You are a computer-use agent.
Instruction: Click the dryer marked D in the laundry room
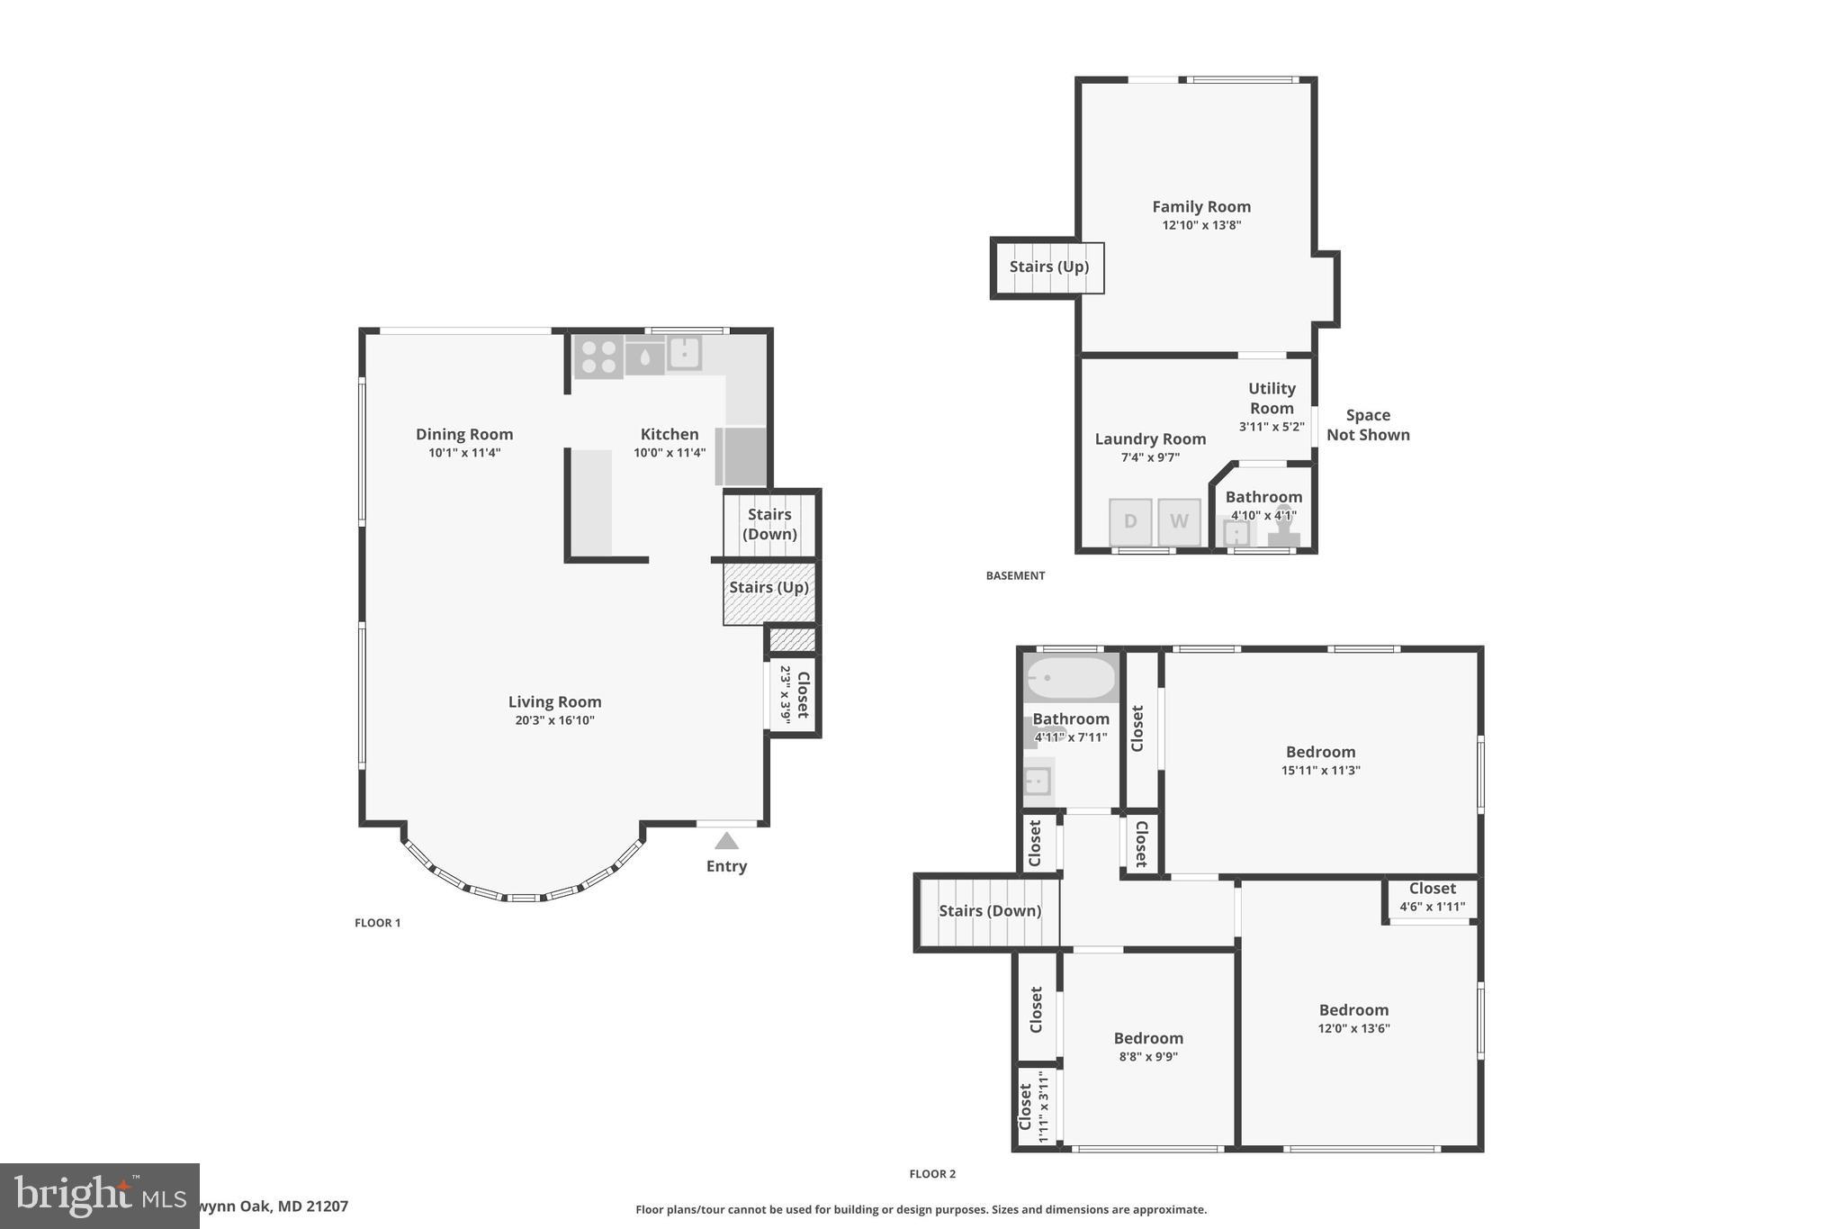[1130, 521]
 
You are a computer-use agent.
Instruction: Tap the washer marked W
[1179, 521]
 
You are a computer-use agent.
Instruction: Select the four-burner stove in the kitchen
[598, 357]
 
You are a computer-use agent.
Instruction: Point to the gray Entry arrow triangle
[726, 841]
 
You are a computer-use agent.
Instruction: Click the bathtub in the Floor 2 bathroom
[1071, 678]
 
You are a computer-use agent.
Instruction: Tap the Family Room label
[1201, 207]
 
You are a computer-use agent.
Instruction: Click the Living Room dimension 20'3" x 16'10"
[554, 720]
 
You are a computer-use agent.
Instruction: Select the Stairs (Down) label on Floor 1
[769, 524]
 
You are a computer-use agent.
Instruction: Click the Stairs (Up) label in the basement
[1048, 267]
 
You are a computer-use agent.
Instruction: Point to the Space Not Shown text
[1367, 425]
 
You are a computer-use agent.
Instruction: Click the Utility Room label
[1272, 398]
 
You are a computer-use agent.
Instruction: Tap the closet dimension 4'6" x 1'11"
[1432, 908]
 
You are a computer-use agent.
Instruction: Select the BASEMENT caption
[1015, 576]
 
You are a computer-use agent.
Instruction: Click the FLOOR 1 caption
[377, 923]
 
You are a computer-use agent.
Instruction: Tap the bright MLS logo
[99, 1196]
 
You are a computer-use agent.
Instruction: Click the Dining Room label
[464, 434]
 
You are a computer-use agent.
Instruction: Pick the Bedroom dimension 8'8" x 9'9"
[1148, 1057]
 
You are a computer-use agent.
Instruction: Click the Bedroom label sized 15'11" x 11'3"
[1320, 752]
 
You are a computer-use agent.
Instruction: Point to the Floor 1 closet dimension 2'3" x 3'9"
[785, 694]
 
